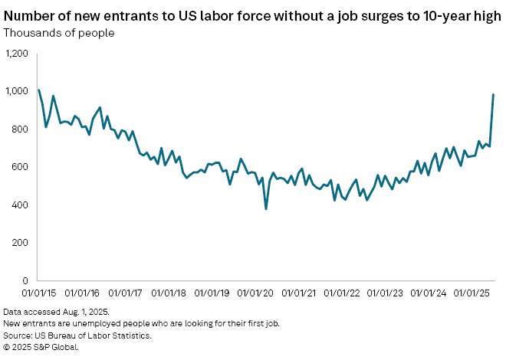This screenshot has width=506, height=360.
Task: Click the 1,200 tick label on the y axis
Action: pyautogui.click(x=17, y=54)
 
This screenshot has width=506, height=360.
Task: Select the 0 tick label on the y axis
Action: pyautogui.click(x=25, y=280)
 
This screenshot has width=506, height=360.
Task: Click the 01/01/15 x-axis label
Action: pyautogui.click(x=38, y=293)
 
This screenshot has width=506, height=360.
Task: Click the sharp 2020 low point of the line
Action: pyautogui.click(x=266, y=209)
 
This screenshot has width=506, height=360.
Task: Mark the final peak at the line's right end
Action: pyautogui.click(x=493, y=95)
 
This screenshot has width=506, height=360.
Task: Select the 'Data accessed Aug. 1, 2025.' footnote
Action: pyautogui.click(x=56, y=313)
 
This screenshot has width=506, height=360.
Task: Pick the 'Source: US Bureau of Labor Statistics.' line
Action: pyautogui.click(x=77, y=335)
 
